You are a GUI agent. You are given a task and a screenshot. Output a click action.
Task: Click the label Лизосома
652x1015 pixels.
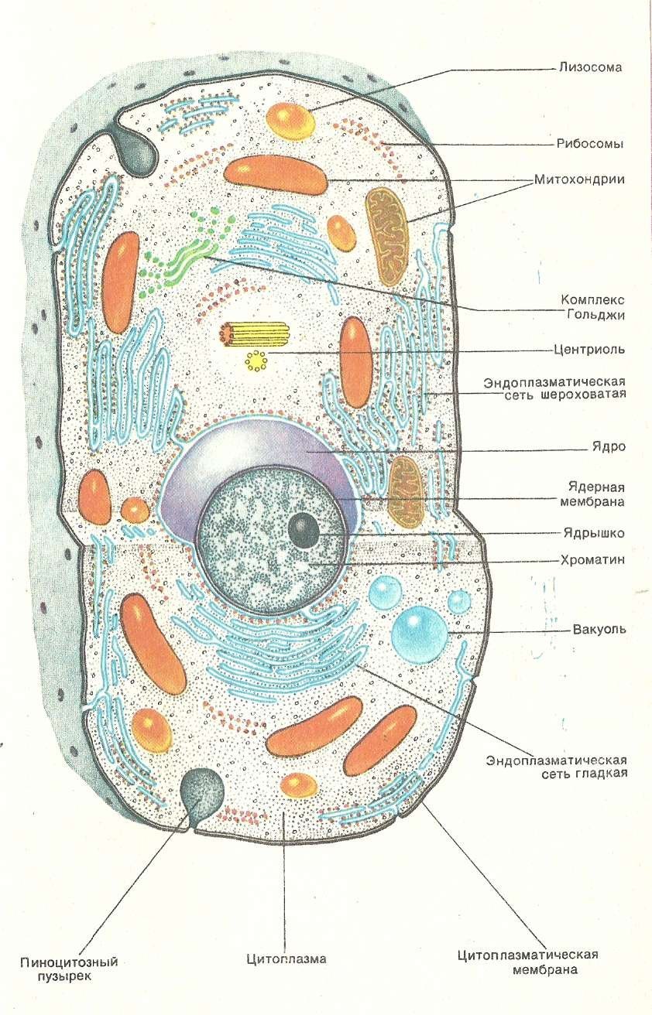(591, 67)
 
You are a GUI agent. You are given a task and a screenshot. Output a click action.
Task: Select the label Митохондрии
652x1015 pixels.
(579, 179)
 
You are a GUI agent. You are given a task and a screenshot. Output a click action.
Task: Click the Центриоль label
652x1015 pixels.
(589, 349)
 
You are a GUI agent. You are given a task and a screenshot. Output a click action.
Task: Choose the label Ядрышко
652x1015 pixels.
(594, 533)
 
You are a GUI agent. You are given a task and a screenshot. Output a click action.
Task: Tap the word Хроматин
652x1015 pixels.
(594, 559)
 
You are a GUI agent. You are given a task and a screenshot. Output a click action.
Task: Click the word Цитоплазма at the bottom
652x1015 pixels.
(287, 959)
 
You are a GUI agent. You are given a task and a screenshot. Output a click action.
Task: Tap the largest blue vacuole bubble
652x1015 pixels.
(418, 631)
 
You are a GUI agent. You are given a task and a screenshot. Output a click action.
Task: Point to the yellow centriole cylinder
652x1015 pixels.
(256, 333)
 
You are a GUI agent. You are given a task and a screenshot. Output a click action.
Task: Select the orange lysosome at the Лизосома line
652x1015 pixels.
(290, 118)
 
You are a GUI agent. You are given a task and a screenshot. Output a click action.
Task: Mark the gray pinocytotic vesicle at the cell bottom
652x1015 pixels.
(201, 789)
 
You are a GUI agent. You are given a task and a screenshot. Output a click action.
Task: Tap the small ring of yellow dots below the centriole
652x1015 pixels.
(255, 360)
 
